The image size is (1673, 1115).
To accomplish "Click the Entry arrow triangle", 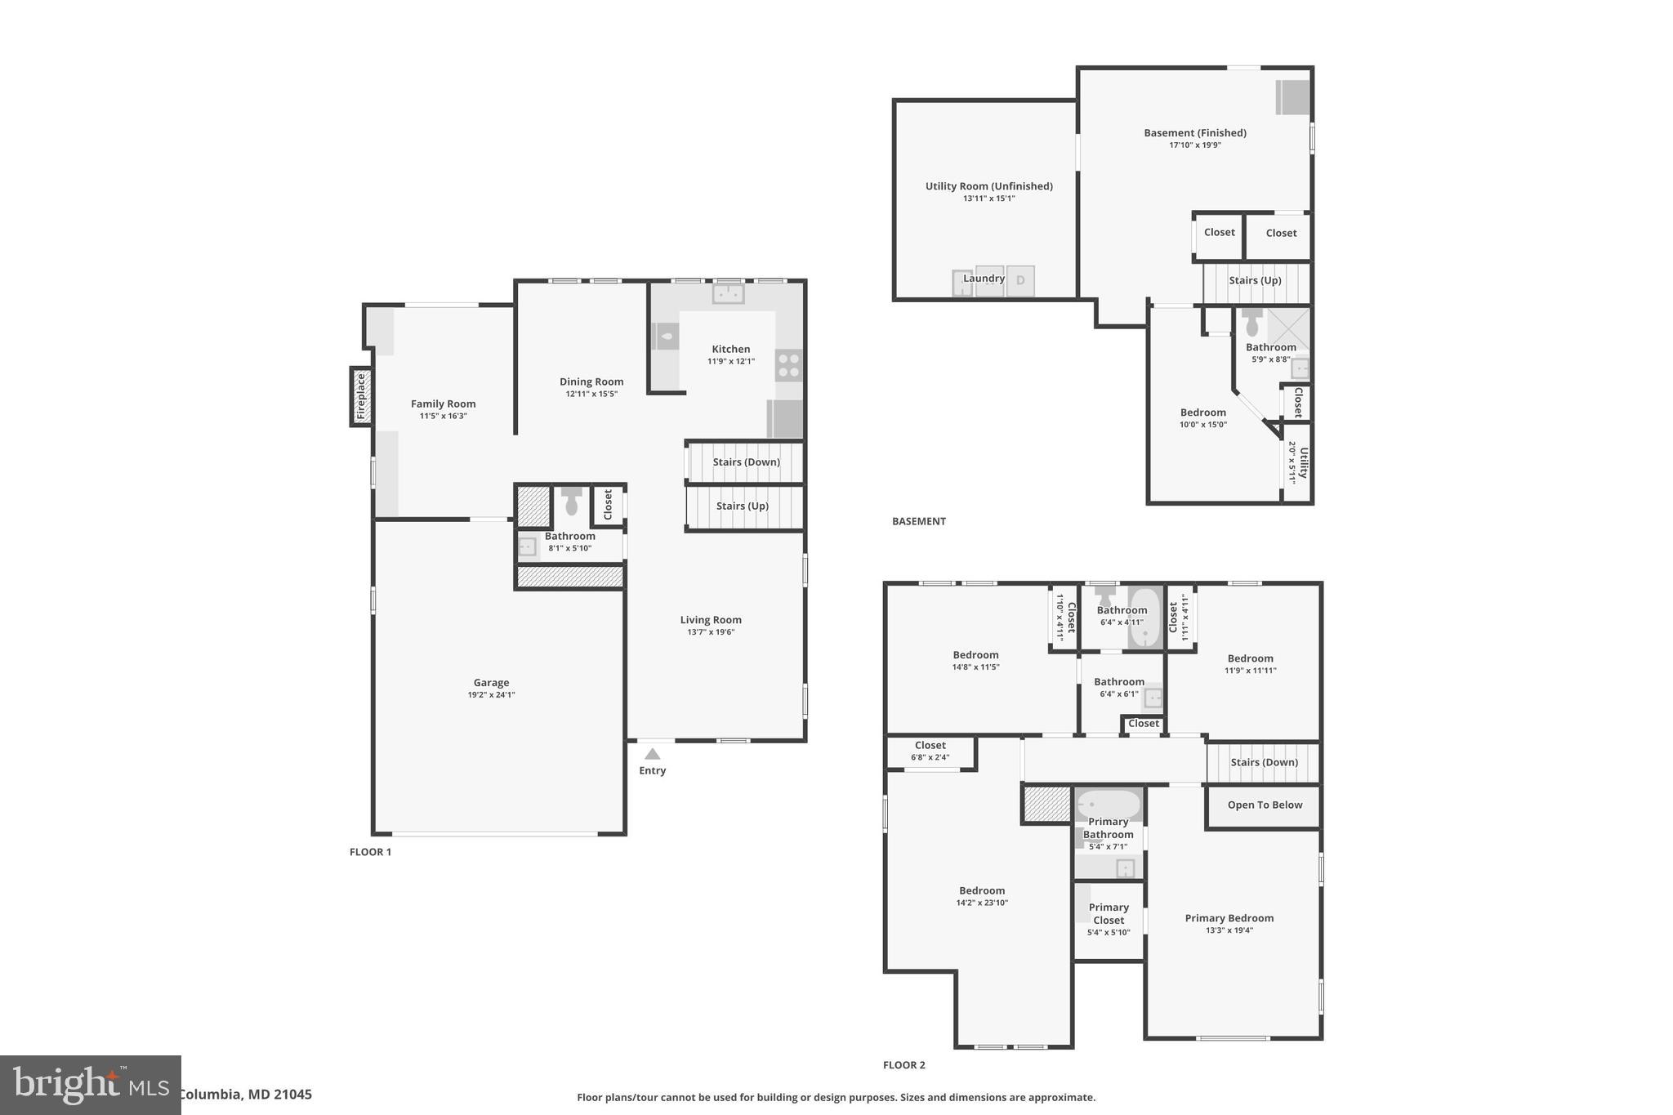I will click(652, 754).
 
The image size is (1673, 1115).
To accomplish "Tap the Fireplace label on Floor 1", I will click(362, 397).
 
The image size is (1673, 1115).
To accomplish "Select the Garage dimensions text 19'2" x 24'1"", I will click(491, 695).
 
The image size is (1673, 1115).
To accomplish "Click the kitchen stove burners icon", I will click(788, 365).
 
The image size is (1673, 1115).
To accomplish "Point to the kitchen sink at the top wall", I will click(728, 292).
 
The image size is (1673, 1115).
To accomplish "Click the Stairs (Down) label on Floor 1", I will click(746, 462).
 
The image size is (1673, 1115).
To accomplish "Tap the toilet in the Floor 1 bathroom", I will click(571, 501).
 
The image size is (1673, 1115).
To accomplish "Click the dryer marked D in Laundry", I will click(1020, 281).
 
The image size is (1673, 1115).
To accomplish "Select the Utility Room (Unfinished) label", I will click(988, 186).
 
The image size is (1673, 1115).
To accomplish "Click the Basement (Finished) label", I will click(1194, 132).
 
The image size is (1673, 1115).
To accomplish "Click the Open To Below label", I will click(1265, 805).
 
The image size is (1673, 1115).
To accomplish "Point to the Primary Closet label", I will click(1109, 913).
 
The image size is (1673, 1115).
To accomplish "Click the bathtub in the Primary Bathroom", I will click(1108, 805).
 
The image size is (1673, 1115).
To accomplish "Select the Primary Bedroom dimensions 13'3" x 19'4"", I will click(1229, 930).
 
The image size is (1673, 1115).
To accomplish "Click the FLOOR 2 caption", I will click(903, 1065).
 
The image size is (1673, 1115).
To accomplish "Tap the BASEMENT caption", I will click(918, 521).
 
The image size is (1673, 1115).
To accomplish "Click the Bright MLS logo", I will click(90, 1085).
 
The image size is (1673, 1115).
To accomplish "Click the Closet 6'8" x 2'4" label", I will click(930, 751).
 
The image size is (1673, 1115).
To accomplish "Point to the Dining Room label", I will click(591, 381).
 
